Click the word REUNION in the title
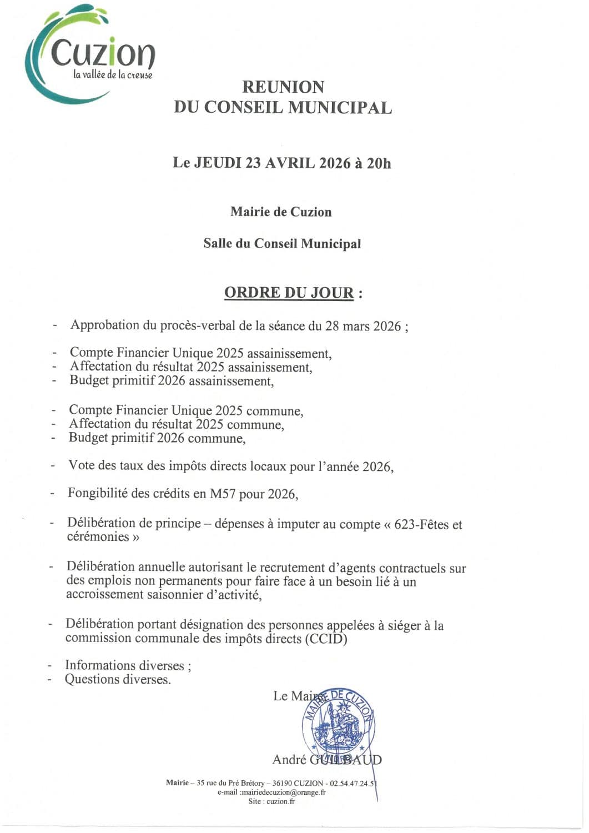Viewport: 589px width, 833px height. click(x=283, y=87)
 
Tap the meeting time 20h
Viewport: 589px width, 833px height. click(x=379, y=163)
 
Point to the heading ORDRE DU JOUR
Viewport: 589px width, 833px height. click(x=289, y=293)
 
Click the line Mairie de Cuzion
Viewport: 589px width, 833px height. click(x=281, y=212)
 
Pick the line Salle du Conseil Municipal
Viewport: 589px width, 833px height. click(x=282, y=244)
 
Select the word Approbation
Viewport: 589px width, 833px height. click(x=105, y=325)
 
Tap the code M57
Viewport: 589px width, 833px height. click(x=223, y=494)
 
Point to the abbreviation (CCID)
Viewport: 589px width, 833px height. click(x=326, y=639)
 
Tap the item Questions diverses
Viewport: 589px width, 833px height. click(x=118, y=679)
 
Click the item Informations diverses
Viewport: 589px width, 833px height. click(x=127, y=665)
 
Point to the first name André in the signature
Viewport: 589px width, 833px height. click(x=289, y=760)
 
